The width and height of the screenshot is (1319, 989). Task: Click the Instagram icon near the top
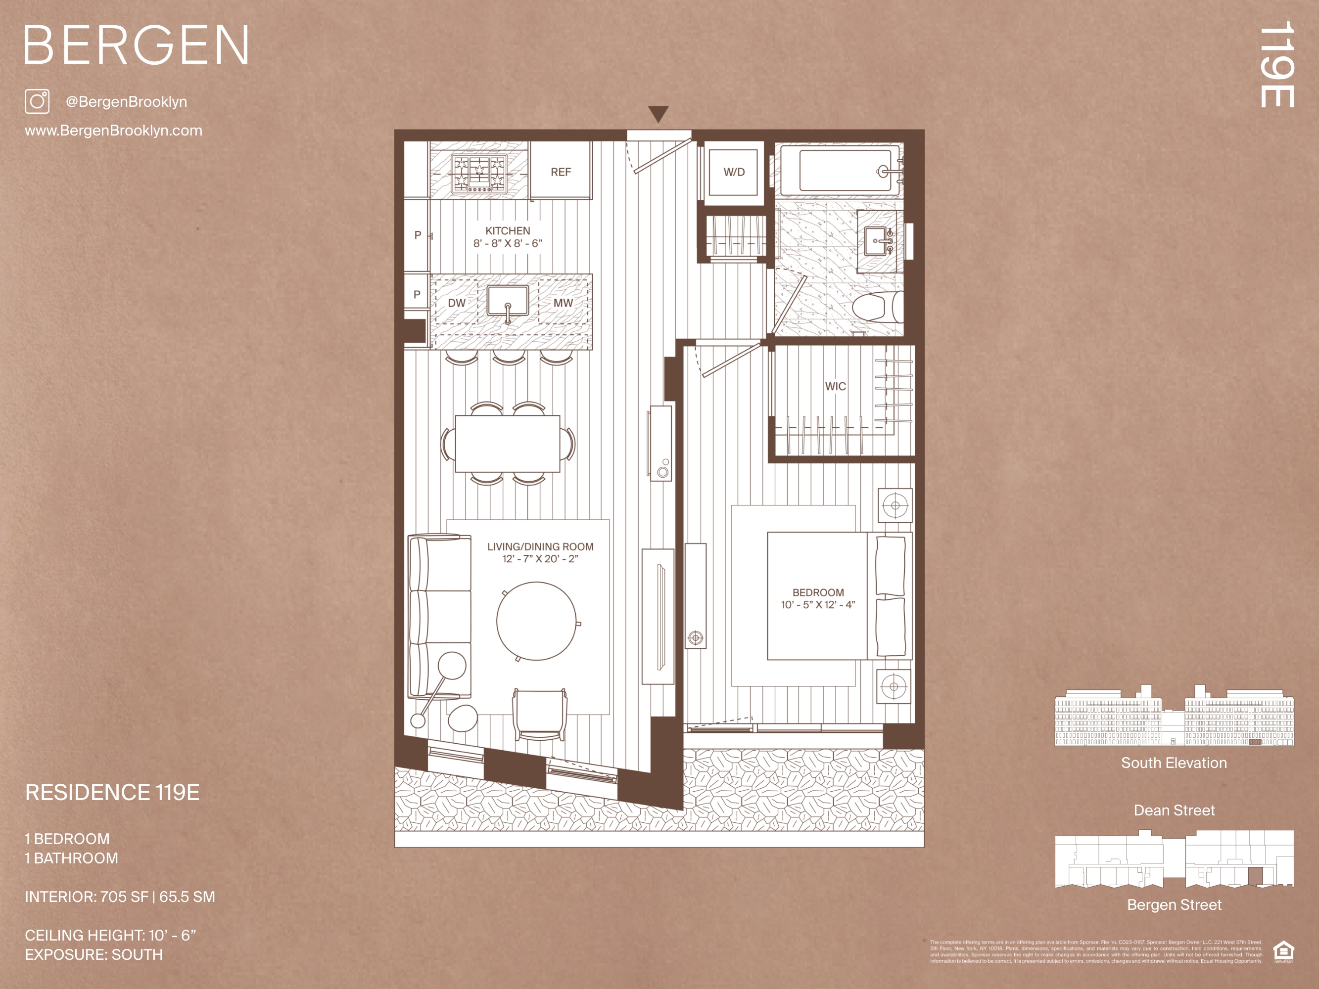click(37, 101)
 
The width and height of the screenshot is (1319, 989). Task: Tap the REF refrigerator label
click(561, 172)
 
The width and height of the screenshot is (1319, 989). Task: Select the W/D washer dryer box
click(734, 172)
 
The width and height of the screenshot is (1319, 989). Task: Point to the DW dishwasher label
click(457, 303)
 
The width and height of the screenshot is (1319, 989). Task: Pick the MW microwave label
click(563, 303)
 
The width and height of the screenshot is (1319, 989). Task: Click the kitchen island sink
click(508, 302)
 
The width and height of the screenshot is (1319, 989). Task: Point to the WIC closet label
click(836, 386)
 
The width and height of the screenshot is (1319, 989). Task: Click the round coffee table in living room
click(537, 621)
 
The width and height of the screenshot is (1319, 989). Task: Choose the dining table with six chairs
click(508, 444)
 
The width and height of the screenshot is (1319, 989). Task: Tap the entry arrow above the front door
click(659, 114)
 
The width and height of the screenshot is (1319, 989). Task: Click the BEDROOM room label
click(818, 592)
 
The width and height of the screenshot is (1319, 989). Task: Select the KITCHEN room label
click(508, 231)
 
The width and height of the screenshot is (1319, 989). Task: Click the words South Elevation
click(1174, 763)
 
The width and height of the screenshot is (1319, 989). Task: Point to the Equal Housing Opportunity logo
click(1284, 950)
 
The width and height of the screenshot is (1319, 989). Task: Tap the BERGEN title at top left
click(136, 45)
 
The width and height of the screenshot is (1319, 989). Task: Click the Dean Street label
click(1174, 810)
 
